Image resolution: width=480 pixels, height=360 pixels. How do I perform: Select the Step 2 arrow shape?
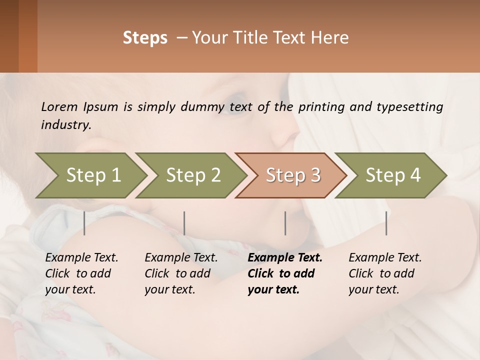point(193,175)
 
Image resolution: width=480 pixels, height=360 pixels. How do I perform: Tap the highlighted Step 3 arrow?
point(293,175)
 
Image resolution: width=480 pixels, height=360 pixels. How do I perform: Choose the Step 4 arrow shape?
point(393,175)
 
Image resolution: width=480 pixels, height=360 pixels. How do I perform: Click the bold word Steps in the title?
point(145,38)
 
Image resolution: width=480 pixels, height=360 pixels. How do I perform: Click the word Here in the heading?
point(329,38)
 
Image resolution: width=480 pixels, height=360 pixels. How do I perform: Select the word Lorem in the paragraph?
point(59,106)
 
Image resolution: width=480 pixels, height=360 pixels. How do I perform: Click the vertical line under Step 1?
point(84,223)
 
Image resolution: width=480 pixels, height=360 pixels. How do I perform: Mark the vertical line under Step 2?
point(184,223)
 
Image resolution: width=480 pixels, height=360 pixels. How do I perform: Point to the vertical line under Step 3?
point(285,223)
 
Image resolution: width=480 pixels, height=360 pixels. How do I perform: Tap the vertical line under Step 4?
point(386,223)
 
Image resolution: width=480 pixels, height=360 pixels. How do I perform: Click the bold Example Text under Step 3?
point(285,257)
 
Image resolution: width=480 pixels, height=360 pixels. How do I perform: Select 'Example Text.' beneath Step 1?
point(81,257)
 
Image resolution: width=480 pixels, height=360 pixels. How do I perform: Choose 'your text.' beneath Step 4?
point(374,289)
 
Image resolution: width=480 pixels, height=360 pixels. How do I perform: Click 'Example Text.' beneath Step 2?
point(181,257)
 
